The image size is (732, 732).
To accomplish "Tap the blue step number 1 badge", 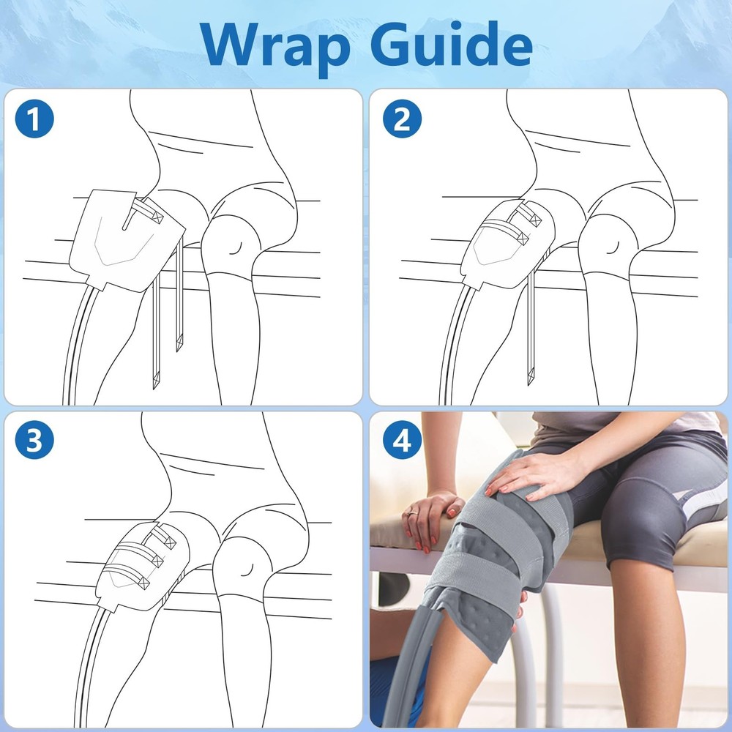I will [x=34, y=119].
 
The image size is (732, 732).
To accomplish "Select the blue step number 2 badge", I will [x=402, y=119].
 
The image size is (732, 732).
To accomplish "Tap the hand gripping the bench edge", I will [x=432, y=517].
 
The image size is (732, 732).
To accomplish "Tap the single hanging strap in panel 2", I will [x=530, y=329].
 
